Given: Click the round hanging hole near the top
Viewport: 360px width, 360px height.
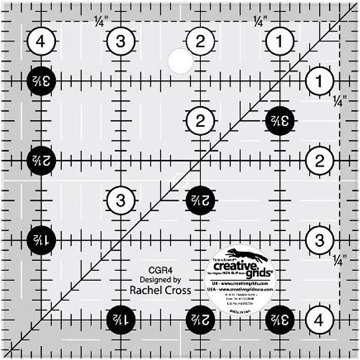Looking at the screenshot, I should tap(181, 61).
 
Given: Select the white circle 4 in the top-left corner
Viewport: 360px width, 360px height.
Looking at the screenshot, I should tap(41, 41).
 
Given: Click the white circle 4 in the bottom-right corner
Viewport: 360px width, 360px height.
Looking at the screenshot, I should tap(319, 320).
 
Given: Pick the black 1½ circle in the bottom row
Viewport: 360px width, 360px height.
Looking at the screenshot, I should tap(121, 320).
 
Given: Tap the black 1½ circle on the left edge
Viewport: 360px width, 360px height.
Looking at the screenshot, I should tap(41, 240).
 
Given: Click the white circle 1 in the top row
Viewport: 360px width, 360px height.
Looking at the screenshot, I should tap(280, 41).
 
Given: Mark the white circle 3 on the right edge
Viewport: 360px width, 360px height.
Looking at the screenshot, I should tap(319, 240).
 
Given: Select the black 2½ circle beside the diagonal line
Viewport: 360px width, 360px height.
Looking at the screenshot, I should tap(200, 200).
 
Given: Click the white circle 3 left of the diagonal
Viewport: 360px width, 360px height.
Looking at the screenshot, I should tap(121, 200).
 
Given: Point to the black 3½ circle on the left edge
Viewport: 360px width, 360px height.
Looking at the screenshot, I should tap(41, 81).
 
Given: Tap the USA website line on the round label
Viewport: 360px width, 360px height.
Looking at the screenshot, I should tap(240, 289).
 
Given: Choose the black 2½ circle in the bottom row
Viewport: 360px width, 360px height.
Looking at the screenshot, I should tap(200, 320).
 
